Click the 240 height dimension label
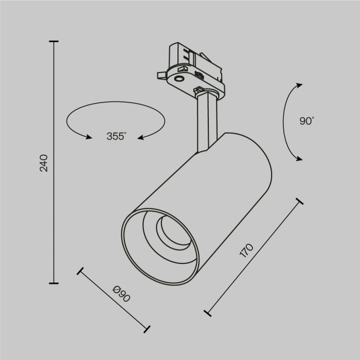coord(44,163)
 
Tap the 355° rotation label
coord(116,136)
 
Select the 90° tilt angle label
coord(306,121)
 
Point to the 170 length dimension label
coord(247,250)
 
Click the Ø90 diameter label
coord(121,296)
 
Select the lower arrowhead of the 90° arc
coord(299,159)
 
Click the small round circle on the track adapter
coord(179,78)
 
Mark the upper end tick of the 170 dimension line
coord(297,200)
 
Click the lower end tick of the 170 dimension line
coord(208,312)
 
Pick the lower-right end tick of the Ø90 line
coord(147,328)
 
